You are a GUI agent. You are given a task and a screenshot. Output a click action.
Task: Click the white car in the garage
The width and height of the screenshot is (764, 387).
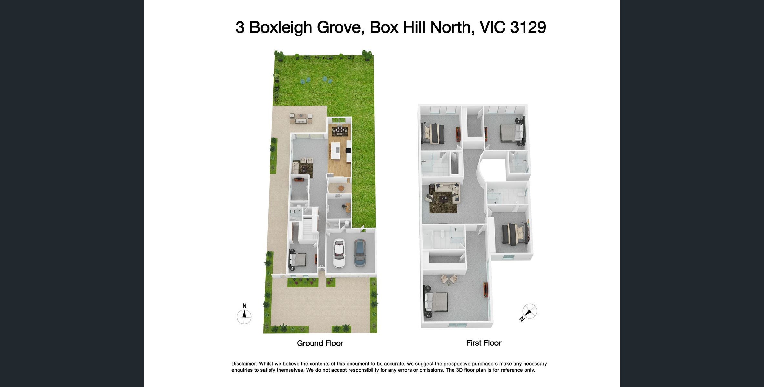339,253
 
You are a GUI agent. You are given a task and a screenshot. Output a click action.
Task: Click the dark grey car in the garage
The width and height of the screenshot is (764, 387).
360,253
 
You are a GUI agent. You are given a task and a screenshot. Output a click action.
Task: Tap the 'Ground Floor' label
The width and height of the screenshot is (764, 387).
320,343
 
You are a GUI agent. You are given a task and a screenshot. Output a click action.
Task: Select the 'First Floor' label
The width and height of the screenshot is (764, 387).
484,343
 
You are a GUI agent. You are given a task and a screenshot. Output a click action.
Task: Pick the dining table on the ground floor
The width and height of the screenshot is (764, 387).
340,131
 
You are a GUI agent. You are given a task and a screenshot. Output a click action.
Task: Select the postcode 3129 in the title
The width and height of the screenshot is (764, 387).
528,27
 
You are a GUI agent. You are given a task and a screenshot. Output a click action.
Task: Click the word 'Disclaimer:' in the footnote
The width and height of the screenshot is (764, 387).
244,364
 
